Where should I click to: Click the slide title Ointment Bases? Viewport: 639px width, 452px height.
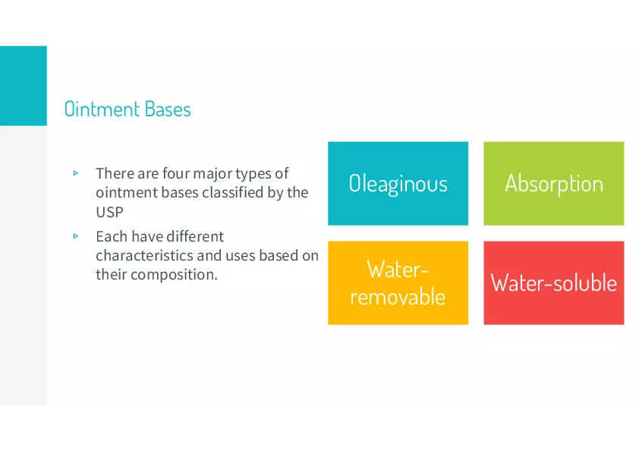click(127, 109)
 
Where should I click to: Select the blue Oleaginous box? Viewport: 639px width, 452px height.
click(398, 184)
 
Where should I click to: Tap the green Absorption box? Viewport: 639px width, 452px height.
click(554, 184)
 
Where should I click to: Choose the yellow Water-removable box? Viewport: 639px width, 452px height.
click(398, 283)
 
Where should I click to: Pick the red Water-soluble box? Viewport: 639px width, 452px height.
click(554, 283)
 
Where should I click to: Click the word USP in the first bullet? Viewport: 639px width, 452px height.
click(109, 212)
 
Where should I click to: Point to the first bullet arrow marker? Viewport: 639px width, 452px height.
click(75, 173)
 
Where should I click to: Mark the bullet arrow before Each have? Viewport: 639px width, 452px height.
click(75, 236)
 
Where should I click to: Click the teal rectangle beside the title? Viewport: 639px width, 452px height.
click(24, 86)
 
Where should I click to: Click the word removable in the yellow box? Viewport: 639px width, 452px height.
click(398, 297)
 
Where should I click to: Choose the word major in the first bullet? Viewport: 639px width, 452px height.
click(212, 174)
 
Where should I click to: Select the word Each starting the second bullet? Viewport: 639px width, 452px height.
click(112, 236)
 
